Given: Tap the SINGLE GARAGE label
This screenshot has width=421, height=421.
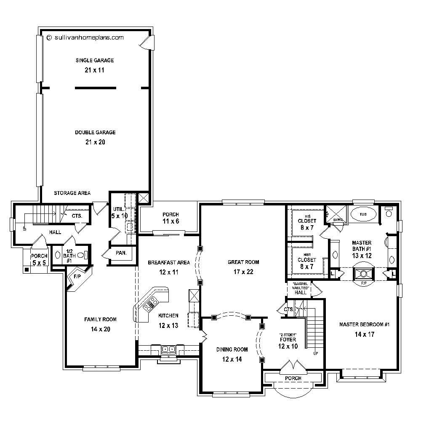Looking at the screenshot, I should (x=95, y=60).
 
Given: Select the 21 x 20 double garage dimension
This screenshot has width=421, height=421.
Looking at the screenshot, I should (x=95, y=142).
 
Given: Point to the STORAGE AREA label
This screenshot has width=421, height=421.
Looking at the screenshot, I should (x=72, y=193).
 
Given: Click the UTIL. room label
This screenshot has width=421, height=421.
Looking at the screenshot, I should (x=118, y=209).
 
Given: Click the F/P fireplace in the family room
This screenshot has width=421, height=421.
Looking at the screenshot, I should (x=77, y=278).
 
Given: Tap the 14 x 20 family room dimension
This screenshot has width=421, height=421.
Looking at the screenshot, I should (x=100, y=329).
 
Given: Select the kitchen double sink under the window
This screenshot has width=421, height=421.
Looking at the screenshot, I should (x=169, y=349).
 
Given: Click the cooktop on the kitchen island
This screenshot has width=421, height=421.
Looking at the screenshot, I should (x=150, y=304).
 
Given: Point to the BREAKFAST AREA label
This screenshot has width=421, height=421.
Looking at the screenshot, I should (x=168, y=262).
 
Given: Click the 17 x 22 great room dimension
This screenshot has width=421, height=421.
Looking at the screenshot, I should (x=243, y=272).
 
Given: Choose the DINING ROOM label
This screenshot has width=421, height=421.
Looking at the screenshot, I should (x=232, y=349).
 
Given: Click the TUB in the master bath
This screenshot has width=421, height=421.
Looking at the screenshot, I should (x=363, y=214).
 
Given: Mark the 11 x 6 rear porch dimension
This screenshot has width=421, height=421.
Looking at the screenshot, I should (x=171, y=221).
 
